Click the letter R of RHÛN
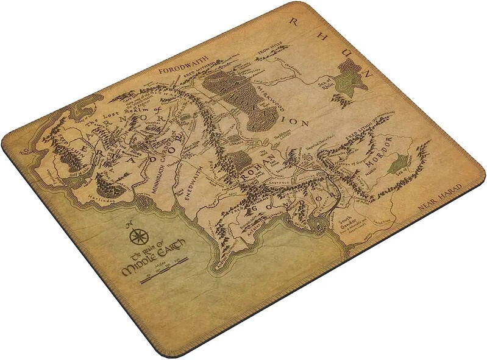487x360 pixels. tap(297, 21)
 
